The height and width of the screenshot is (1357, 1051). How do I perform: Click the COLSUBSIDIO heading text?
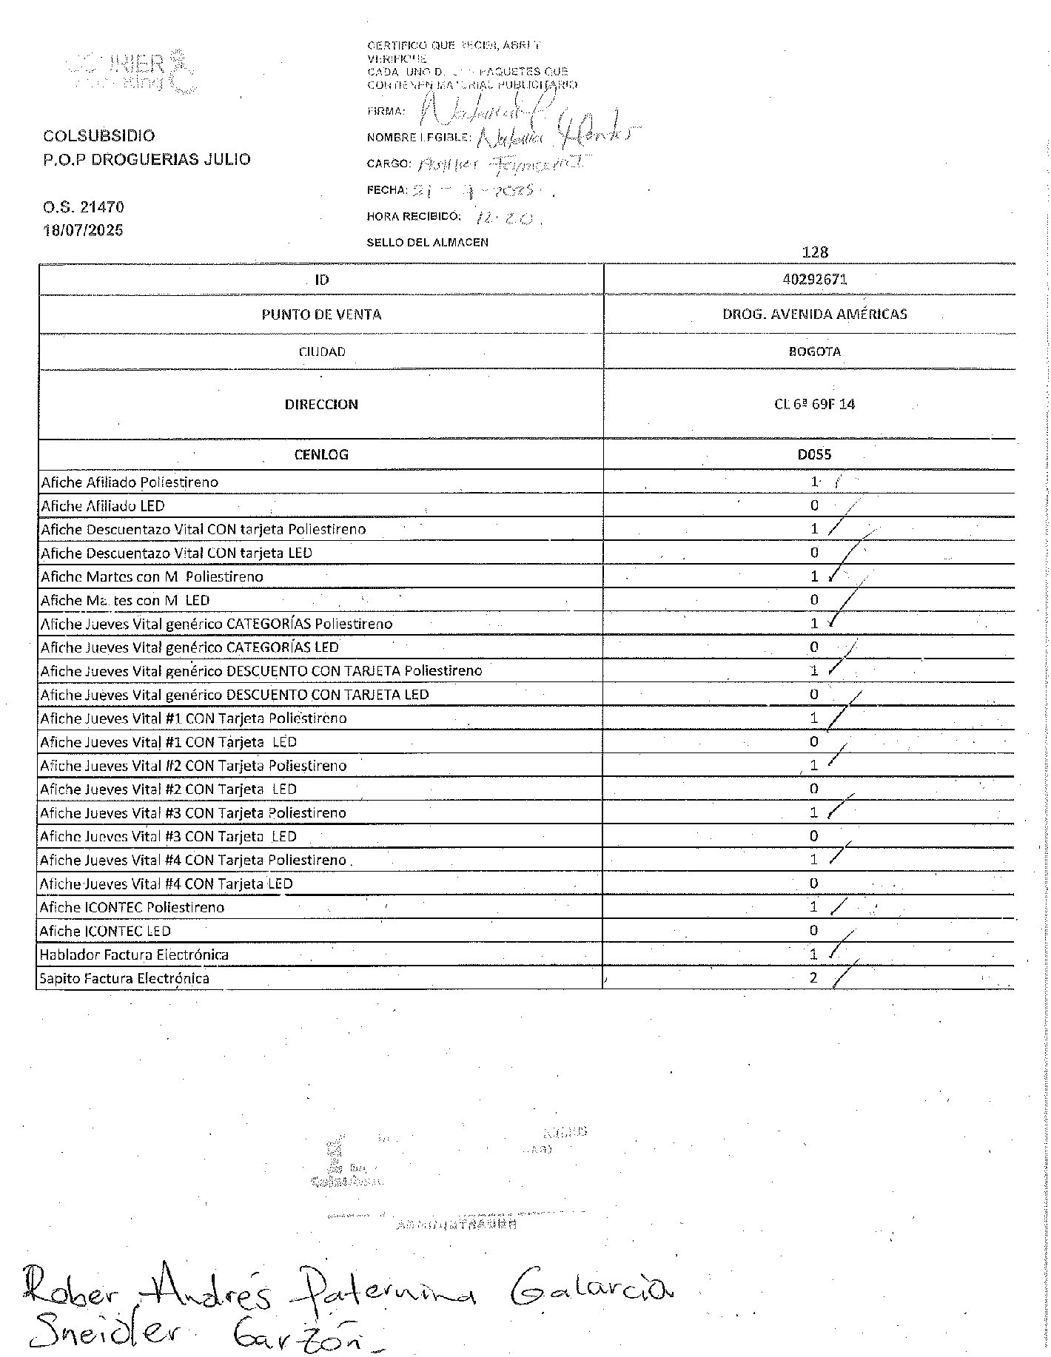tap(99, 136)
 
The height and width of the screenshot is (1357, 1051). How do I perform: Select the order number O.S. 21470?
tap(84, 207)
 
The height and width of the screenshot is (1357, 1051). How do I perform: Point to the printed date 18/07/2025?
tap(84, 230)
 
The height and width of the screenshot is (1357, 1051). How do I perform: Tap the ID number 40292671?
tap(814, 280)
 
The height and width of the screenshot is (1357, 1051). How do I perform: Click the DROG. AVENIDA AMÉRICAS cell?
tap(814, 314)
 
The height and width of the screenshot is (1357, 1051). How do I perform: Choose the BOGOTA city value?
tap(814, 351)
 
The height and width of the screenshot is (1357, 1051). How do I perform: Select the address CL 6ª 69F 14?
tap(814, 404)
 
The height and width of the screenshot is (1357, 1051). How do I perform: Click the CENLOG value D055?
tap(814, 454)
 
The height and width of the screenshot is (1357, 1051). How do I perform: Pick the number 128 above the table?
tap(814, 252)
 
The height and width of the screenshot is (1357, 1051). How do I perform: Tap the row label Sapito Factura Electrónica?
tap(124, 978)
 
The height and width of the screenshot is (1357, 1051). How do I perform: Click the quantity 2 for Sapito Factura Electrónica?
tap(813, 977)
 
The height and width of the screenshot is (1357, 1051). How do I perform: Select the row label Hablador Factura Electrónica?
tap(134, 954)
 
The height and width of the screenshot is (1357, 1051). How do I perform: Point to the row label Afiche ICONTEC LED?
tap(105, 931)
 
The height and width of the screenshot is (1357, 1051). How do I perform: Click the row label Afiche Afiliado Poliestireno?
tap(130, 482)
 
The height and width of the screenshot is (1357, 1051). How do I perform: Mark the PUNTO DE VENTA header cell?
tap(321, 314)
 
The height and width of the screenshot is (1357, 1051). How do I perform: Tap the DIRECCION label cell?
tap(321, 404)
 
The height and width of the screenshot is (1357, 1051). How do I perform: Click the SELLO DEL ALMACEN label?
tap(427, 242)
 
